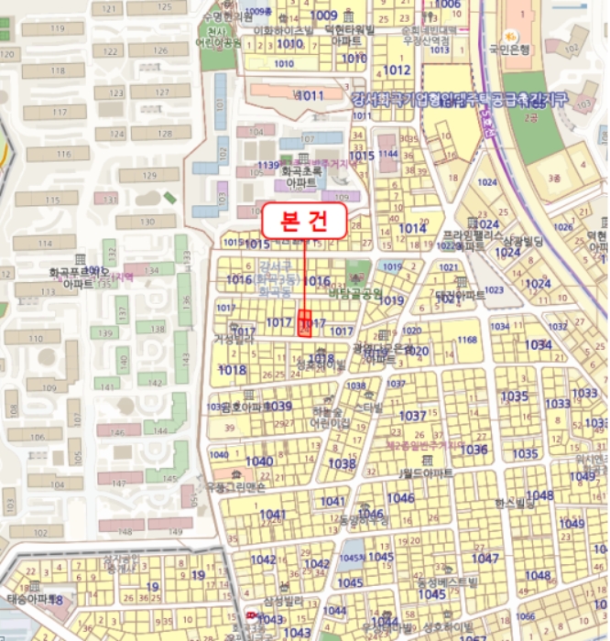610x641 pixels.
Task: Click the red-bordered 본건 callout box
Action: [304, 221]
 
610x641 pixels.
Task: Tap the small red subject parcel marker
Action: [305, 323]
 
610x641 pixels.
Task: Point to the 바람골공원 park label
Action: [355, 293]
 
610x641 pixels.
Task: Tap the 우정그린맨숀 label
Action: [235, 486]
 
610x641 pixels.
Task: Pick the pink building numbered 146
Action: [119, 429]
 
